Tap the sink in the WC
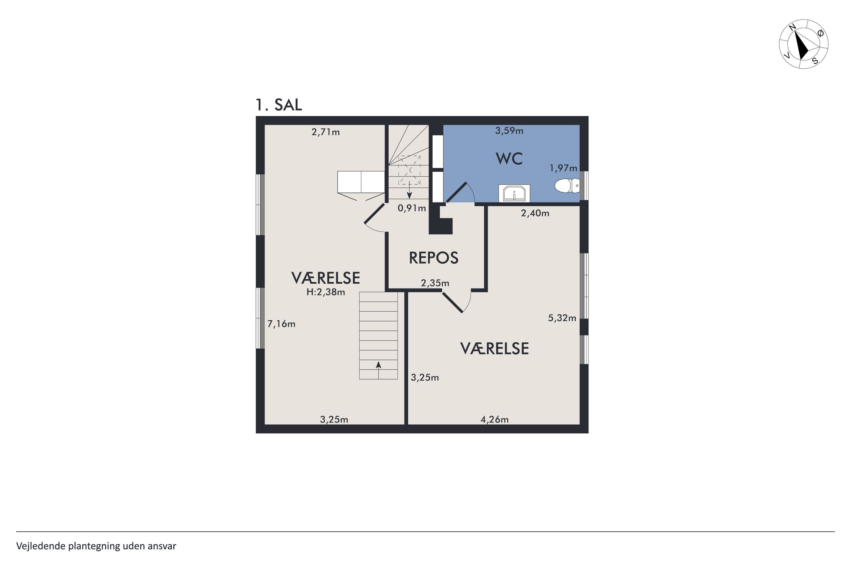[x=514, y=193]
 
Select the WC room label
[x=509, y=158]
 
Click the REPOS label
[x=434, y=258]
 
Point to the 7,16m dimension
[x=281, y=324]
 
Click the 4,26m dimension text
[x=494, y=420]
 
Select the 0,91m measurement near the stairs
[x=412, y=208]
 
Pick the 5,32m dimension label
[x=562, y=318]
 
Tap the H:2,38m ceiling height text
[x=326, y=292]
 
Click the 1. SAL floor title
[x=279, y=105]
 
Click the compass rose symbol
[x=804, y=44]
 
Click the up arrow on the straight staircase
[x=379, y=370]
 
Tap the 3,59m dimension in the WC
[x=509, y=131]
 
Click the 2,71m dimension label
[x=326, y=132]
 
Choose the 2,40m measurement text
[x=535, y=213]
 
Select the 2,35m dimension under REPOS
[x=435, y=283]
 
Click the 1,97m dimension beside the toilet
[x=563, y=168]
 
